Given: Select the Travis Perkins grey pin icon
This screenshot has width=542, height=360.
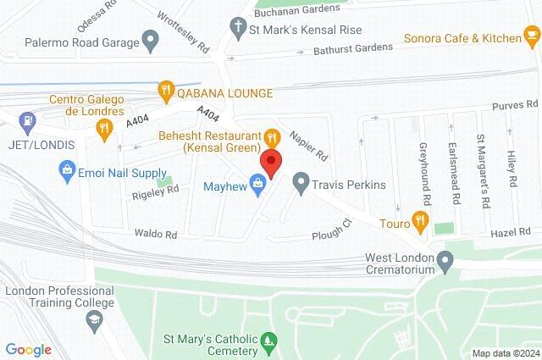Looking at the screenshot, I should tap(301, 183).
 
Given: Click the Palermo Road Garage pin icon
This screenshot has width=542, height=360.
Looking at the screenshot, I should tap(151, 39).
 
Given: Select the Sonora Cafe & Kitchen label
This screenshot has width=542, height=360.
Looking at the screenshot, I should tap(463, 38).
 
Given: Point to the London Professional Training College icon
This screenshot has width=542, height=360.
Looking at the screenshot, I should tap(93, 320).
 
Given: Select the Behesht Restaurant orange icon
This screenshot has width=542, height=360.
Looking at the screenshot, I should tap(271, 136).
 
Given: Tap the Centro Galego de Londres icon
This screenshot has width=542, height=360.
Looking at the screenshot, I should tap(105, 129).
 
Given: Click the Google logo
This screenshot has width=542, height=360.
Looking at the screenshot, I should tap(28, 349).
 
